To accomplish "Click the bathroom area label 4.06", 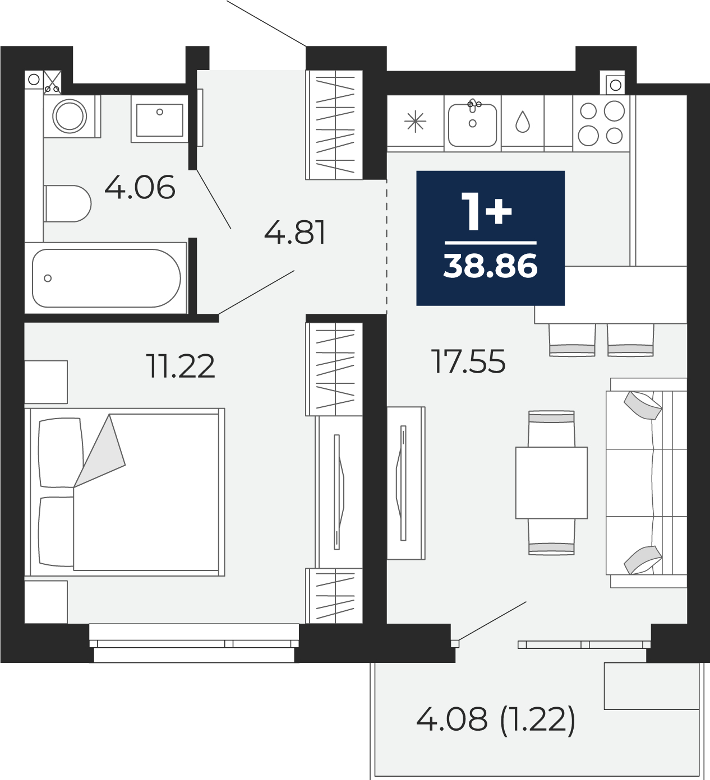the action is (x=140, y=187).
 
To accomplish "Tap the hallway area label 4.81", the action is (x=295, y=233).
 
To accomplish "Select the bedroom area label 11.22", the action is (x=181, y=366).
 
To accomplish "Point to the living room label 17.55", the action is (x=469, y=361).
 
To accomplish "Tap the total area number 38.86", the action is (x=491, y=266).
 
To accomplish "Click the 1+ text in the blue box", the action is (x=487, y=212).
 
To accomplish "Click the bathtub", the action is (x=106, y=278).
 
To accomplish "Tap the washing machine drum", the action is (x=70, y=116).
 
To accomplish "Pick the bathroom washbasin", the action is (x=160, y=119).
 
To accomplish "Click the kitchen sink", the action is (x=473, y=123).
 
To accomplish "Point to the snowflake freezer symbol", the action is (x=416, y=122).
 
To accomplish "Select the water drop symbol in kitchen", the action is (x=522, y=122).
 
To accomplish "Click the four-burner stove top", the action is (x=601, y=123).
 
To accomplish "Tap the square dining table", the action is (x=551, y=482).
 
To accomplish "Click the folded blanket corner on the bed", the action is (x=100, y=451).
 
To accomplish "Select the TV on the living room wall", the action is (x=403, y=482).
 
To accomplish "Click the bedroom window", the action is (x=194, y=643).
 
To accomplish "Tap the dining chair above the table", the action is (x=551, y=429).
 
